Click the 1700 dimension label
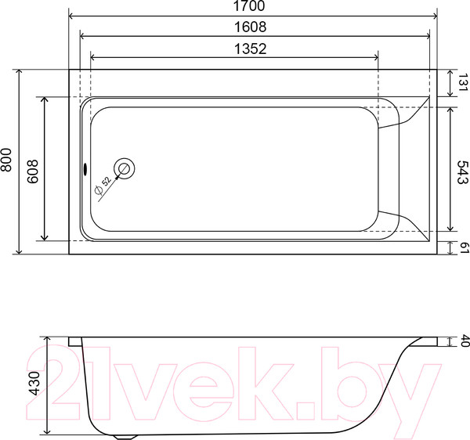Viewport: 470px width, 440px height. [x=251, y=6]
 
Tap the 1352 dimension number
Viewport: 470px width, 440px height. [x=251, y=49]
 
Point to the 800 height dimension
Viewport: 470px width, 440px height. [x=7, y=160]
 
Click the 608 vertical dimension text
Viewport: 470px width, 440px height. [x=33, y=168]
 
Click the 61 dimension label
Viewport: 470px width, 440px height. [x=461, y=248]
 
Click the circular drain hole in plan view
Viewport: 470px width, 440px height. [x=125, y=168]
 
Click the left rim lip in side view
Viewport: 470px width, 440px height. [x=75, y=341]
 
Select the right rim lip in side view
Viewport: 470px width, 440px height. [x=429, y=341]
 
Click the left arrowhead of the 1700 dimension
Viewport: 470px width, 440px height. [x=73, y=16]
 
